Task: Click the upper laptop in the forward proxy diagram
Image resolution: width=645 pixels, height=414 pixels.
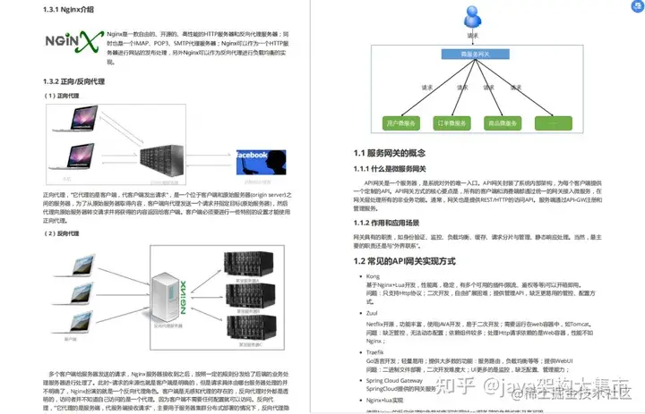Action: click(x=75, y=119)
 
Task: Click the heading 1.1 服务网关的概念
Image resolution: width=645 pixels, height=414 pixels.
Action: click(x=395, y=154)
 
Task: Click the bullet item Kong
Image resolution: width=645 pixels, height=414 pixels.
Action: click(x=373, y=277)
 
